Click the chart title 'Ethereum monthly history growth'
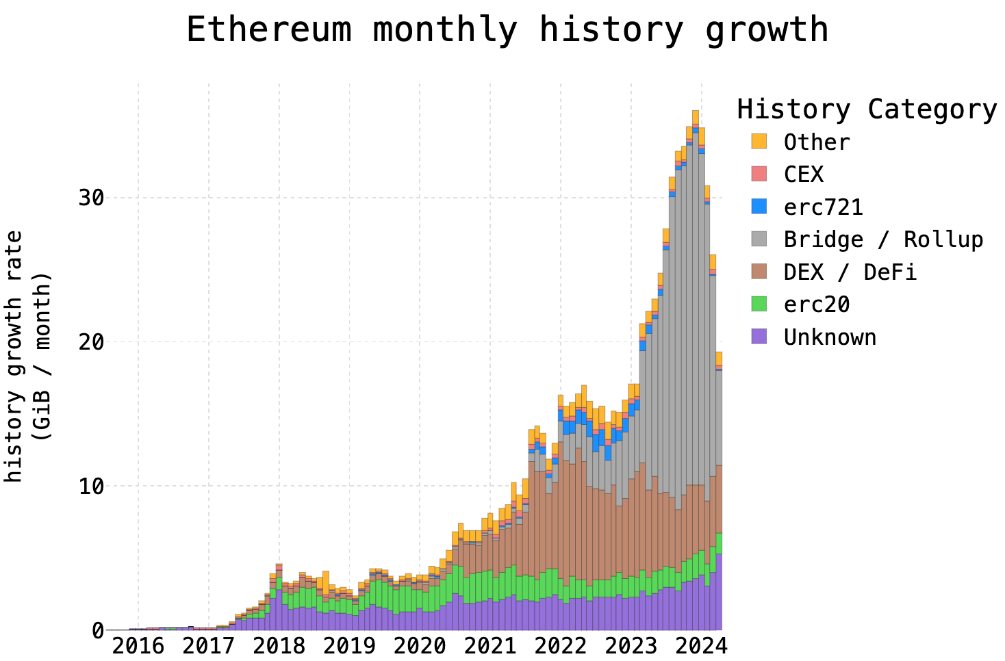507,30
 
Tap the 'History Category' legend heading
867,109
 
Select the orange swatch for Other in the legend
759,142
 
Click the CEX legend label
804,174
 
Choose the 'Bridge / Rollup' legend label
883,239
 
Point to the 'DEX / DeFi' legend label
850,272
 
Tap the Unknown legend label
830,337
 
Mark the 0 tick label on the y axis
97,630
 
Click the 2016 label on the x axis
138,647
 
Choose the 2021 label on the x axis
490,647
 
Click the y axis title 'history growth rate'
14,356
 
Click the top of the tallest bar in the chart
696,112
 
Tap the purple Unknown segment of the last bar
719,592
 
